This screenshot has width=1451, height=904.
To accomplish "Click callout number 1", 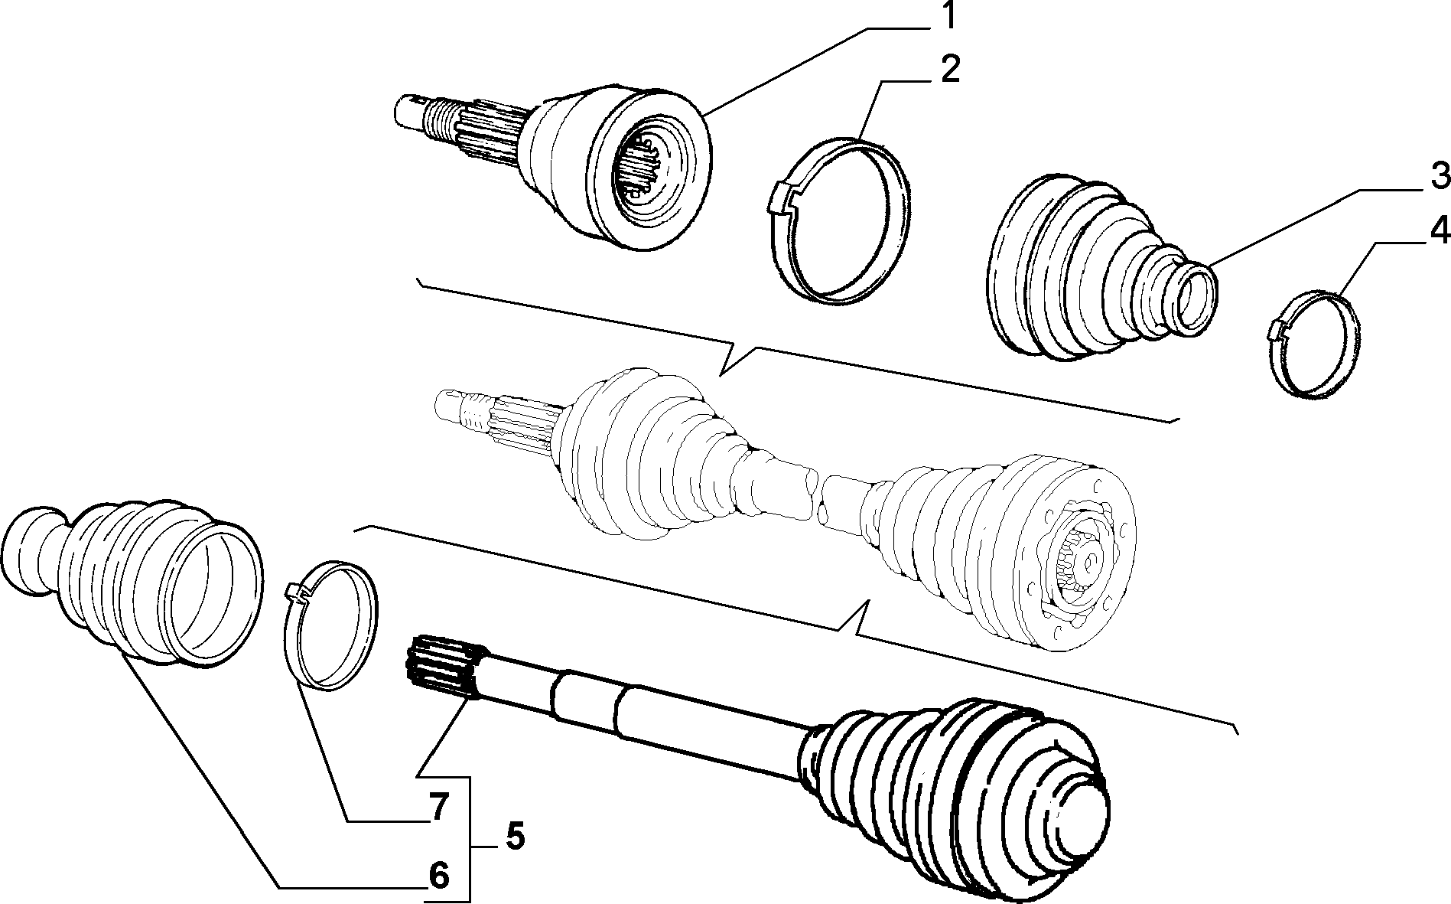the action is (948, 16).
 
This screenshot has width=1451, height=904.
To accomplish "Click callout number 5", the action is (515, 836).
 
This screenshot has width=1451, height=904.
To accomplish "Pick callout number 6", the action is (438, 875).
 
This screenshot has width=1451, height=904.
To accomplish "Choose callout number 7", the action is (438, 808).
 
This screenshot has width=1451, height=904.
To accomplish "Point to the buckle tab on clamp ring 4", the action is (1276, 329).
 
